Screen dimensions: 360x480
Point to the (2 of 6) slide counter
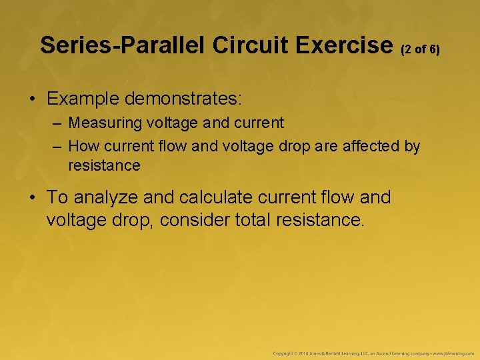420,49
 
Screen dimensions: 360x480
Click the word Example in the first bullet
85,99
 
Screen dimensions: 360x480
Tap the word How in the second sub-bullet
81,146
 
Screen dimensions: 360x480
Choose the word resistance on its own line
104,165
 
